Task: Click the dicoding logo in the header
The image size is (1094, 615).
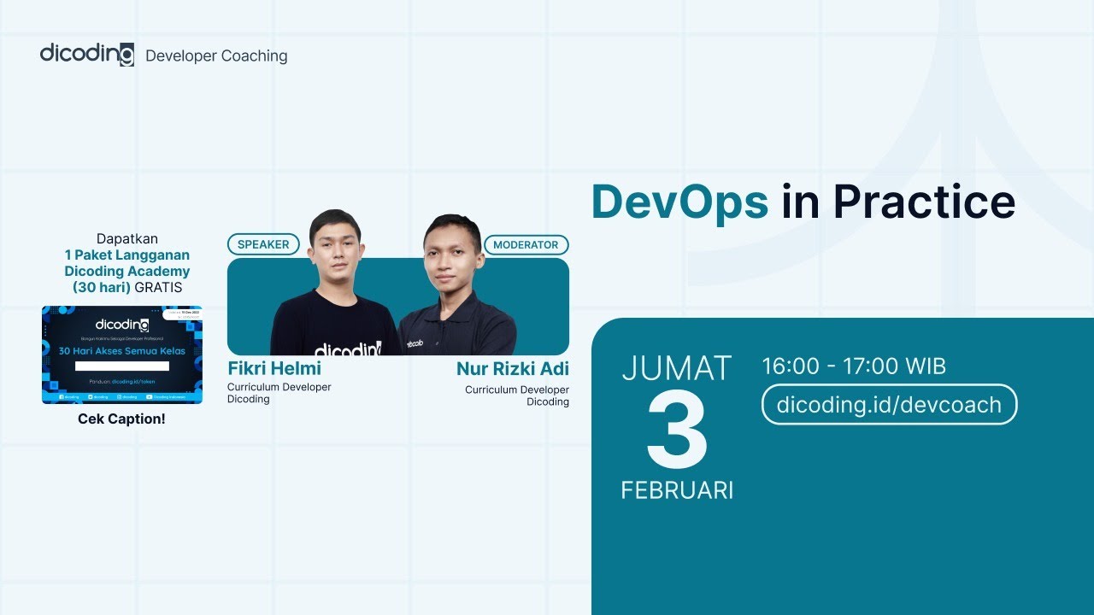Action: [x=86, y=54]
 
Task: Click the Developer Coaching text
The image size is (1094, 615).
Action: [x=216, y=56]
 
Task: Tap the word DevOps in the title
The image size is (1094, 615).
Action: [x=679, y=202]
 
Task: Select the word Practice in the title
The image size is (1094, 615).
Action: [x=924, y=202]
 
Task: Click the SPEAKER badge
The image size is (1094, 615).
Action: [x=263, y=244]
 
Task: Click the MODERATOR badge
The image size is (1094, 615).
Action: [x=526, y=244]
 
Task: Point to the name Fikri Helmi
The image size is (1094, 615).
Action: [x=274, y=369]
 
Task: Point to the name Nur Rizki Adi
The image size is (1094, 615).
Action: [x=512, y=369]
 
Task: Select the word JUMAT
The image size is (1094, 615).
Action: [x=677, y=368]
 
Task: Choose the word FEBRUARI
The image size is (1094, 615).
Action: [x=677, y=490]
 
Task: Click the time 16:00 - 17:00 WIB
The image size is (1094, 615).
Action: [x=854, y=366]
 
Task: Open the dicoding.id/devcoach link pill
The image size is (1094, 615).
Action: [x=889, y=404]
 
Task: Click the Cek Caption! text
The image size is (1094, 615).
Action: [x=121, y=419]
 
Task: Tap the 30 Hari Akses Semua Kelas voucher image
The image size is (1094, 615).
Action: [x=122, y=354]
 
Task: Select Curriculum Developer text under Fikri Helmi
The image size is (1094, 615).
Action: [x=279, y=387]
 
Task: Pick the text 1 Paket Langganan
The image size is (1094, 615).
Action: [x=127, y=255]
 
